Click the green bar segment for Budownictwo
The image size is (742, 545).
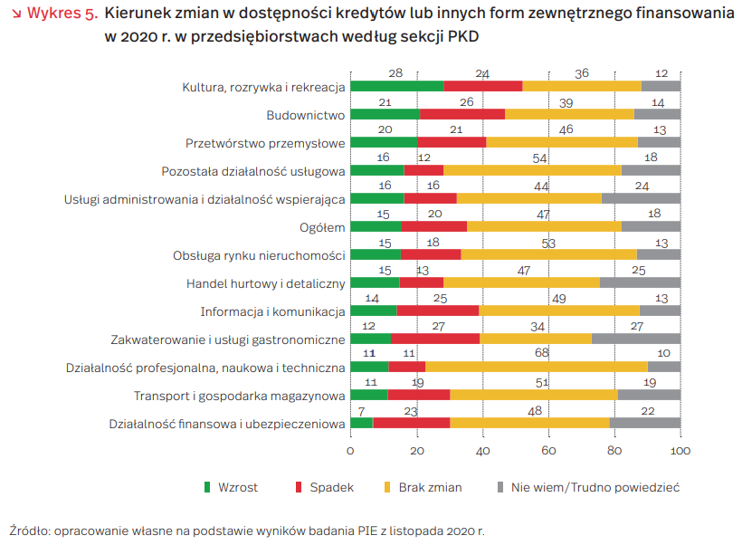click(385, 114)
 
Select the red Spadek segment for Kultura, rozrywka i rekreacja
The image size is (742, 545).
click(482, 86)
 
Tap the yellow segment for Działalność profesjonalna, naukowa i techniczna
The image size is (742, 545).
click(537, 367)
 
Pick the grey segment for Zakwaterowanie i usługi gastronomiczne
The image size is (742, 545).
click(635, 339)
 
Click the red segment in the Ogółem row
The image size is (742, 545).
click(433, 226)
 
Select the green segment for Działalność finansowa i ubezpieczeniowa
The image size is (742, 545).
click(361, 423)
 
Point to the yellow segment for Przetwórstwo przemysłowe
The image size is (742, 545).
click(562, 142)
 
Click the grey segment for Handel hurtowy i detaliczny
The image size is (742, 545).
click(640, 282)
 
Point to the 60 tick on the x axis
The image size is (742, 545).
click(548, 450)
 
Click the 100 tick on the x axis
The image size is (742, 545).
click(680, 450)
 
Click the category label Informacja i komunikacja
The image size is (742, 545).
click(272, 311)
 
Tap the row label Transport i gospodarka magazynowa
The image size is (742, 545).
click(240, 396)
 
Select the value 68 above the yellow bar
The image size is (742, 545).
click(542, 352)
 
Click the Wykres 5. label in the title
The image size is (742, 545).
click(62, 15)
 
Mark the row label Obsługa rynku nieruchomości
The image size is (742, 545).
click(259, 255)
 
